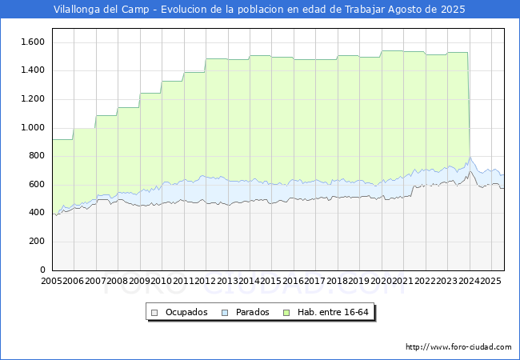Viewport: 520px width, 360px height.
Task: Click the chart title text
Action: coord(259,10)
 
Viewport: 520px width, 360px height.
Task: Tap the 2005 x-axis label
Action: coord(52,281)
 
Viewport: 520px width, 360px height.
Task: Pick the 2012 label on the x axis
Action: coord(206,281)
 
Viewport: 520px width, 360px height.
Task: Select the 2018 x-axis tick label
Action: coord(338,281)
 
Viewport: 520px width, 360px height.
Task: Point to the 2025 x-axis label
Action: coord(490,281)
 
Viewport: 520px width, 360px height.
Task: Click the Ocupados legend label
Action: coord(186,312)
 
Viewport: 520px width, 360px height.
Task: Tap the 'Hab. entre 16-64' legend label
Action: coord(337,312)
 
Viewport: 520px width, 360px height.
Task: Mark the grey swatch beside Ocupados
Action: coord(154,312)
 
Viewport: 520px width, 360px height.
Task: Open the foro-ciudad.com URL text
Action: coord(458,347)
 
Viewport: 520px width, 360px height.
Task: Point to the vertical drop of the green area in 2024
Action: coord(469,104)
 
